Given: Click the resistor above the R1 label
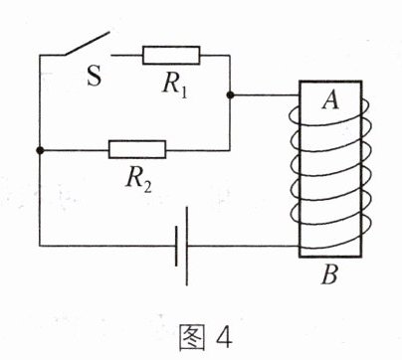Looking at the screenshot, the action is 171,56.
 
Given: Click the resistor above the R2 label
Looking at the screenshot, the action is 137,150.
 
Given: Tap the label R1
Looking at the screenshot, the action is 175,85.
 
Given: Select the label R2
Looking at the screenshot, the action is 138,180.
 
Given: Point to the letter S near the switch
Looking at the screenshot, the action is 95,76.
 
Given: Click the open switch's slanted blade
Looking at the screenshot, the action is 87,44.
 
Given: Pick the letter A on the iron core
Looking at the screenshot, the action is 330,99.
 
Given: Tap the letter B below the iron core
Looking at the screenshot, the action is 329,274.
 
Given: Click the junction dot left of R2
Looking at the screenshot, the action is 40,150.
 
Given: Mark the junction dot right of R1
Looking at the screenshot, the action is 230,95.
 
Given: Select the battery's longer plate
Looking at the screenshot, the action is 187,246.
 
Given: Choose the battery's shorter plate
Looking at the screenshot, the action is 176,247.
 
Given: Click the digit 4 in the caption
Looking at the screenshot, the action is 224,338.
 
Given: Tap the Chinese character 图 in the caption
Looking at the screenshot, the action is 192,338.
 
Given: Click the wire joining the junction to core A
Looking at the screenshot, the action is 265,95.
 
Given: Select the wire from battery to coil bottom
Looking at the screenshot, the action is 243,246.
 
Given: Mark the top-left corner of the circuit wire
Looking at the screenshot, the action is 40,56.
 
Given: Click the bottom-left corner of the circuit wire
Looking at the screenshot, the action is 40,246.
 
